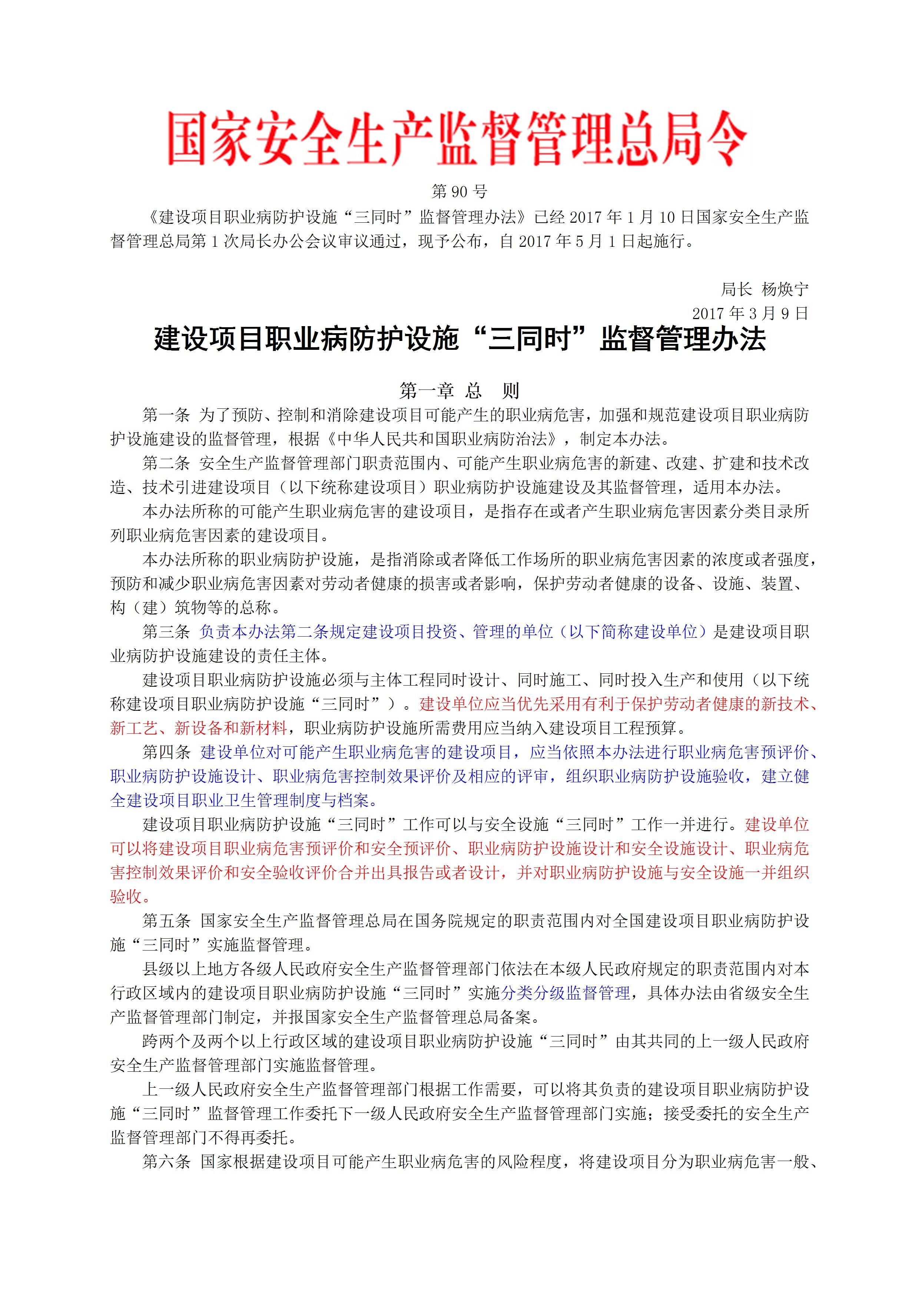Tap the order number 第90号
(459, 192)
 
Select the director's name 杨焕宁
(785, 289)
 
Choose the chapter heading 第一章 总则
(459, 390)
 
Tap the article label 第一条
(166, 415)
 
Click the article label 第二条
(166, 463)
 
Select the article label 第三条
(166, 631)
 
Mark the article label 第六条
(166, 1162)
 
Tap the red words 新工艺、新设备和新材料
(199, 728)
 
